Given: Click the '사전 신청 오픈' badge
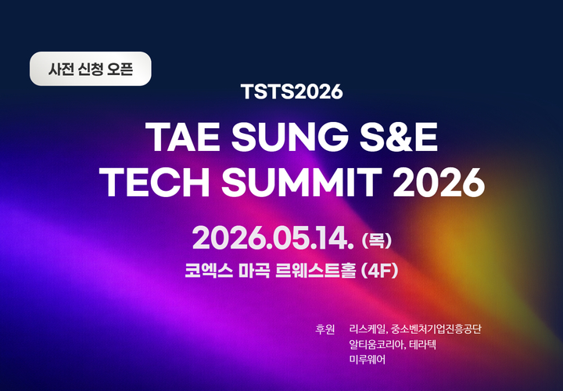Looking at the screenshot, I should (x=90, y=68).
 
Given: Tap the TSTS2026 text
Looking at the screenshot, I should (x=292, y=91).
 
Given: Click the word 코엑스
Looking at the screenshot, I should (x=206, y=273).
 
